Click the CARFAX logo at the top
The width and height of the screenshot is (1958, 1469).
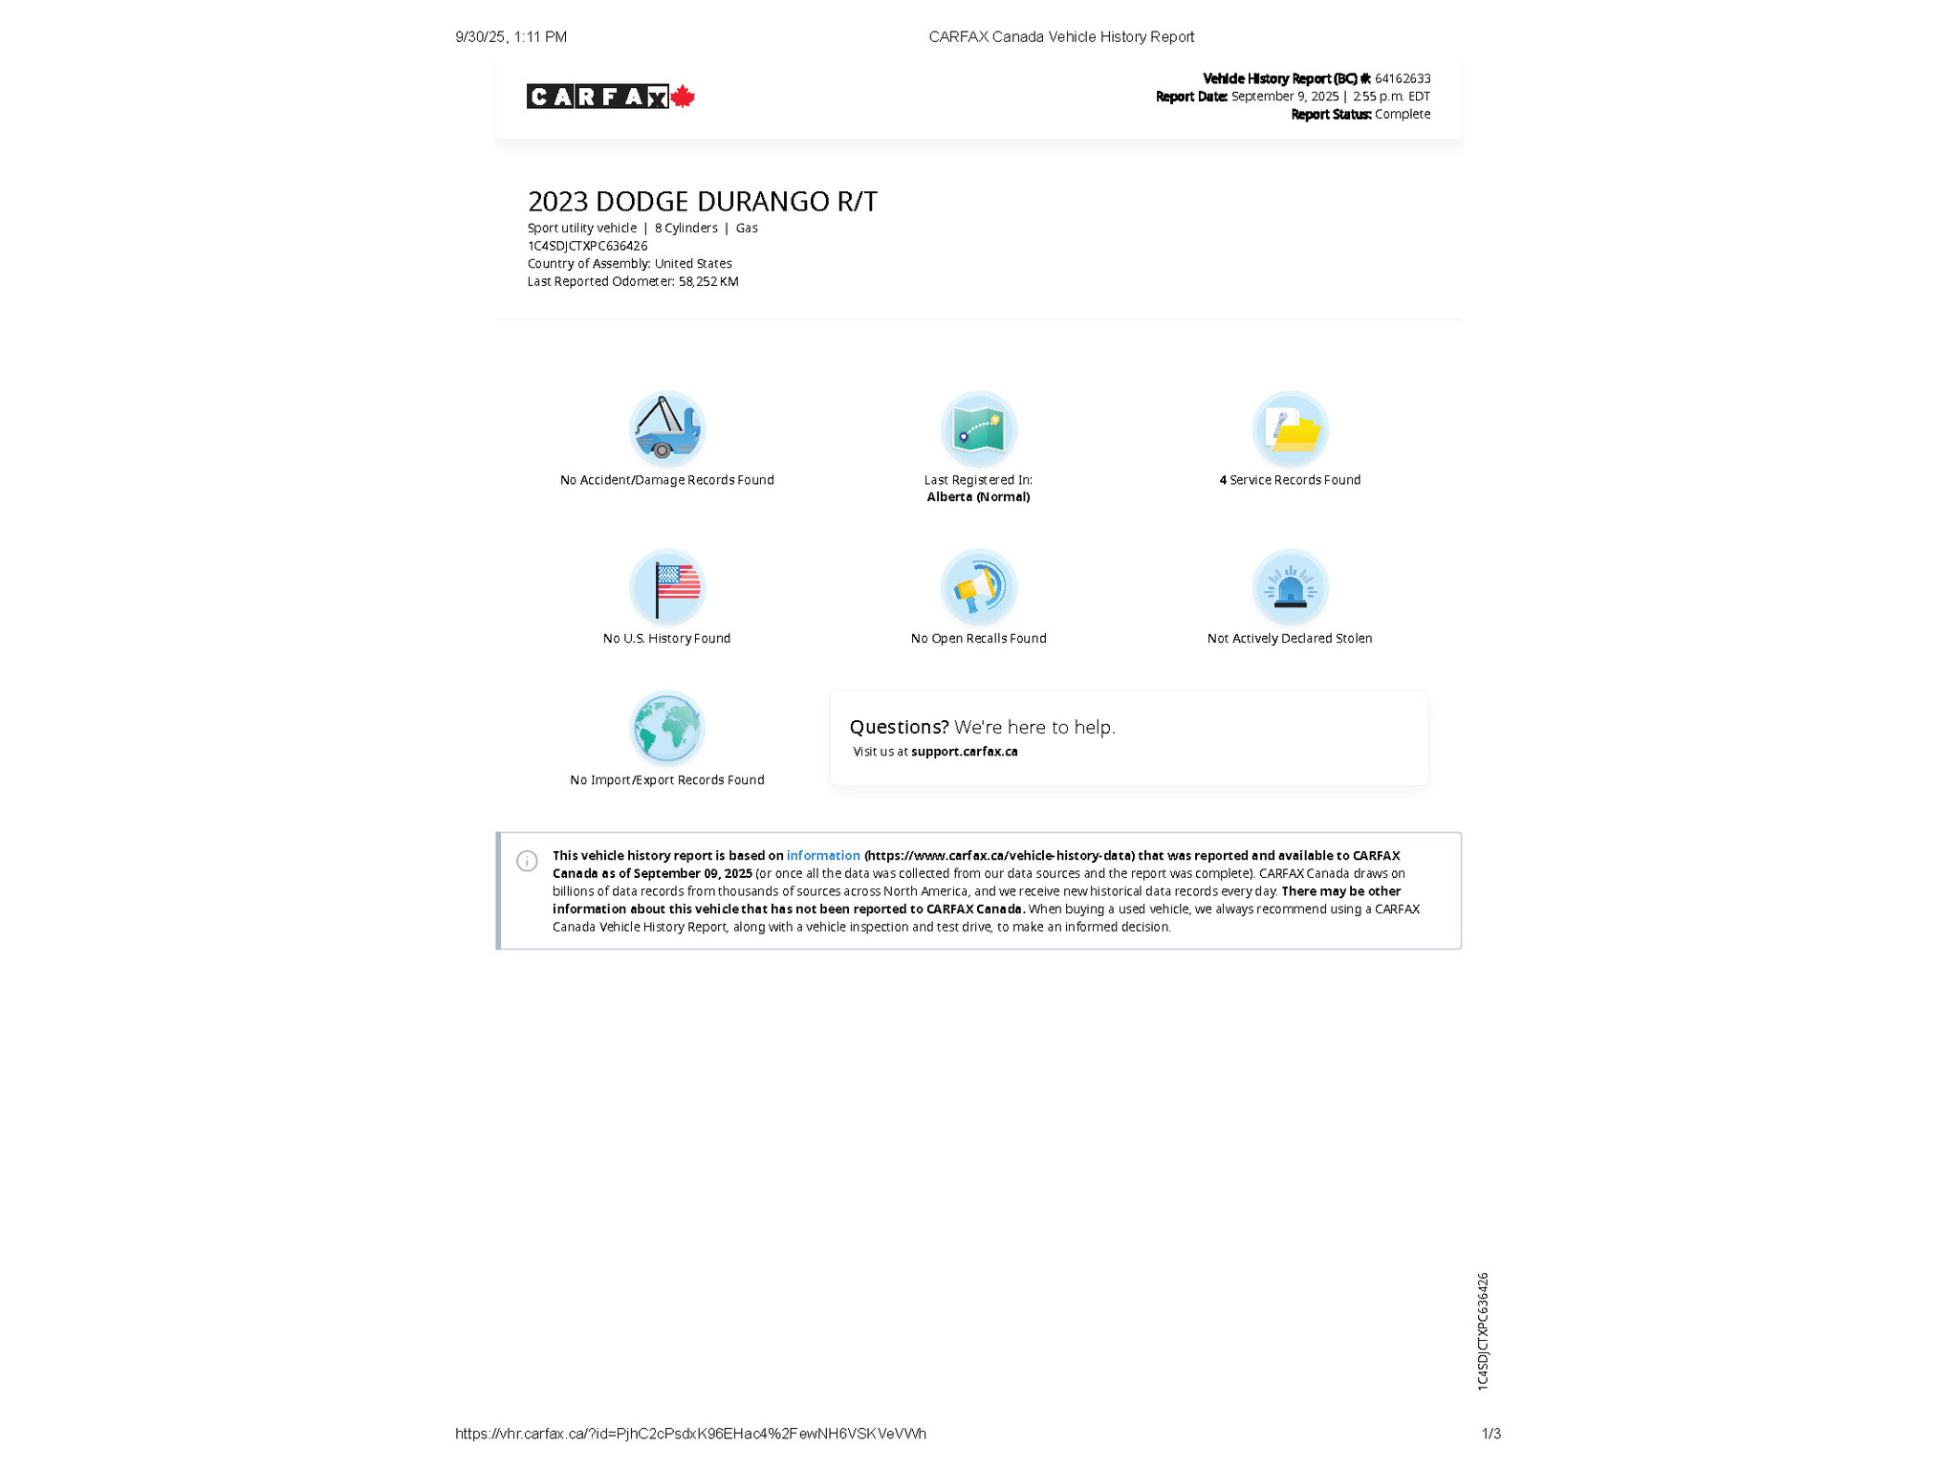point(598,97)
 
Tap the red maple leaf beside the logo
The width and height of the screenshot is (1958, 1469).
point(683,97)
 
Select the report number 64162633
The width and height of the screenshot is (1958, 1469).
point(1403,78)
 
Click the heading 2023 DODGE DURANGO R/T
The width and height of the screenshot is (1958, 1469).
point(702,202)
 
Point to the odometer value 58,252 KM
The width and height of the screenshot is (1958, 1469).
point(708,281)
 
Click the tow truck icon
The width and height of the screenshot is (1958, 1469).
point(667,428)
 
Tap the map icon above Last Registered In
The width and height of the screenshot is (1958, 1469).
point(978,428)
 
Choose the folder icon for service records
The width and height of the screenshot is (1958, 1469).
point(1290,428)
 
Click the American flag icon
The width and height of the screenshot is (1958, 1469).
point(667,586)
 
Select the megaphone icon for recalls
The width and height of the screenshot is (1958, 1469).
point(978,586)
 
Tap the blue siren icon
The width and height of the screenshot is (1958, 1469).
point(1290,586)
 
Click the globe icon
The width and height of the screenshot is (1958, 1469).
point(667,728)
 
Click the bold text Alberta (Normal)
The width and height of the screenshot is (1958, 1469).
point(978,497)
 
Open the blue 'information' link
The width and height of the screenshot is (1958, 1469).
point(823,856)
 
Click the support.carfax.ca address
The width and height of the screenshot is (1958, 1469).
point(964,752)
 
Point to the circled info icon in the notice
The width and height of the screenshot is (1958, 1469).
point(527,861)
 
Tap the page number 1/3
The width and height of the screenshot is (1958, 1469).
point(1490,1434)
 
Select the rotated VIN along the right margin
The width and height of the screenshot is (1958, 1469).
point(1483,1330)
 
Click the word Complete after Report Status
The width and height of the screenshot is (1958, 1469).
point(1403,114)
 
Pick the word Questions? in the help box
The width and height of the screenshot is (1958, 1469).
point(899,727)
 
